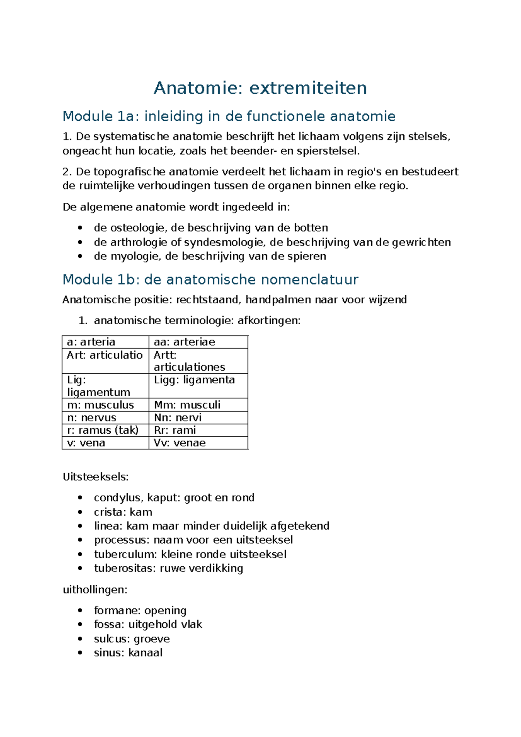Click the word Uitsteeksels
point(96,477)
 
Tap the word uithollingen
point(95,590)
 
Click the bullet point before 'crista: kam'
point(80,512)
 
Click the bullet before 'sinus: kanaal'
point(80,653)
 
